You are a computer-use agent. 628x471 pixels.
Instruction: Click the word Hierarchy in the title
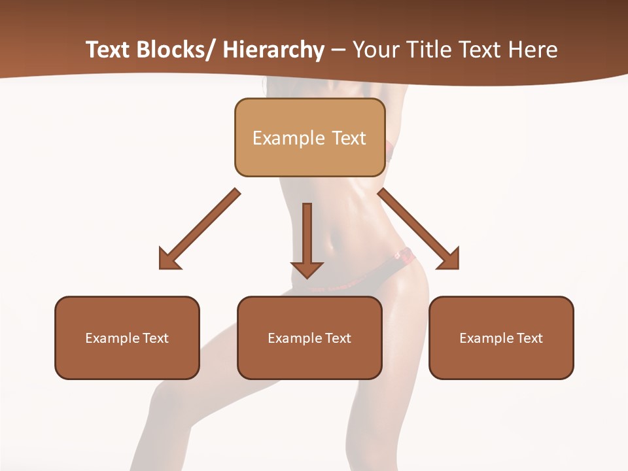273,50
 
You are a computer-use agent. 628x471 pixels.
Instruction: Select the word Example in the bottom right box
484,338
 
